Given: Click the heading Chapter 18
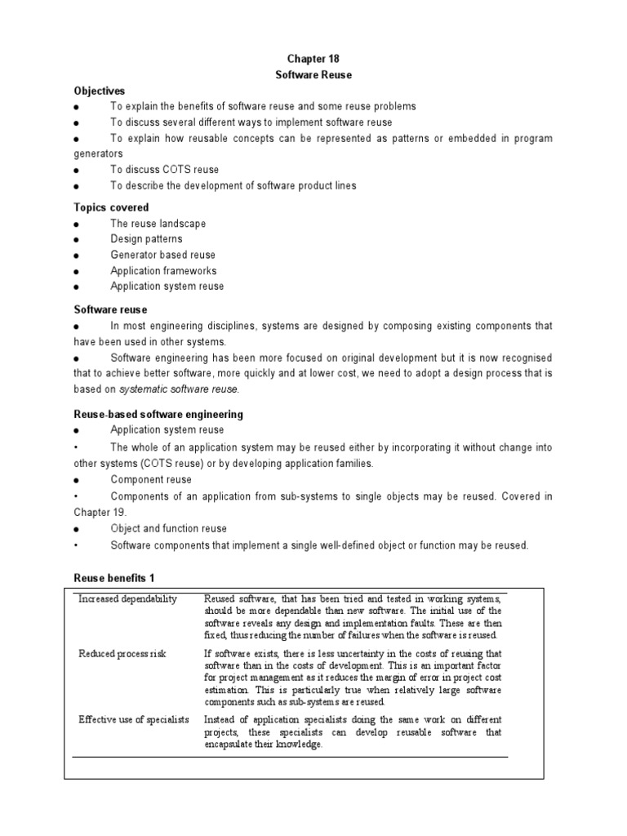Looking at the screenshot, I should pos(313,59).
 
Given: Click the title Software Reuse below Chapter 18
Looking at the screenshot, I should pos(313,74).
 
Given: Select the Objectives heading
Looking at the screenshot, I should pos(100,91).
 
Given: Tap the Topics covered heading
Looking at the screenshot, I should pos(111,207).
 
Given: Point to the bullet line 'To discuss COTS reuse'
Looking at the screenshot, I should pos(164,170).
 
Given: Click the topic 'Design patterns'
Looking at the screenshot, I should pos(147,239).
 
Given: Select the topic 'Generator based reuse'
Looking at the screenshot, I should pos(163,255).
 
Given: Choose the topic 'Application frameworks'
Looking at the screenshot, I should pos(163,271).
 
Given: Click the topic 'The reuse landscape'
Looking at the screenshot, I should pos(158,224).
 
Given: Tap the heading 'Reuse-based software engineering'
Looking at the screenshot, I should pos(158,415).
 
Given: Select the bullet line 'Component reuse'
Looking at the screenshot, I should pos(151,480).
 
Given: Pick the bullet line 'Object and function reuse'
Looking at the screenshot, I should pos(168,529).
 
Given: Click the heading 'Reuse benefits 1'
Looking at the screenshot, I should pos(114,579).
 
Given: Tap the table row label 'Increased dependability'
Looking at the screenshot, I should pos(127,599).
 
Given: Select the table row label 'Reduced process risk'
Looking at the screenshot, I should pos(122,654).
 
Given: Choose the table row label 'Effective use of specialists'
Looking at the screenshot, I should pos(134,719).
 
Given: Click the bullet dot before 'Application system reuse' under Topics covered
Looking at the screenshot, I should pos(76,287).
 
